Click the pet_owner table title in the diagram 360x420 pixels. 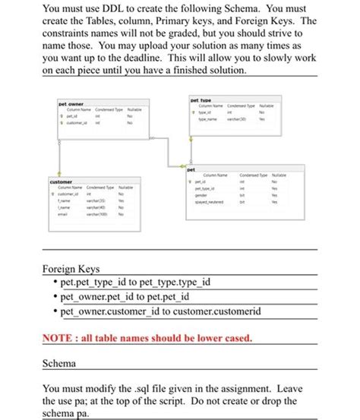pos(71,103)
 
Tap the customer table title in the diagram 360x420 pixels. pos(61,182)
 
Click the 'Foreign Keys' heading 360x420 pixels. pos(71,270)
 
